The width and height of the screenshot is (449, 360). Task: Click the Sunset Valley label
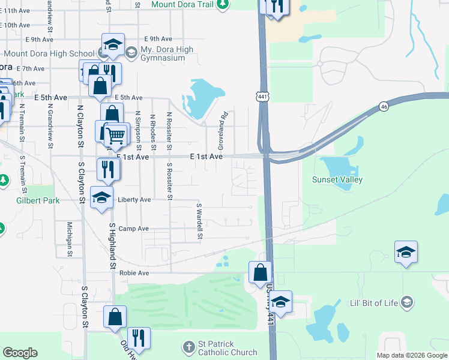tap(337, 179)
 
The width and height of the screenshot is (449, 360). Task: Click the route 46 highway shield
tap(384, 106)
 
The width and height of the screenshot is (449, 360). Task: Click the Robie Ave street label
tap(134, 272)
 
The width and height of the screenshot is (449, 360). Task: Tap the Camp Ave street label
tap(133, 229)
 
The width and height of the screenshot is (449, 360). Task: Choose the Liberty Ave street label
tap(134, 199)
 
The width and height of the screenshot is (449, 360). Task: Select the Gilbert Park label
tap(38, 200)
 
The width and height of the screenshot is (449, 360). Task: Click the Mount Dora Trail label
tap(182, 4)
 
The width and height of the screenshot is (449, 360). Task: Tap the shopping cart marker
tap(116, 134)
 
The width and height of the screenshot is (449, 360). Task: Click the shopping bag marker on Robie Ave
tap(259, 273)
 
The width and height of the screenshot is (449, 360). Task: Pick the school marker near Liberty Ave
tap(102, 197)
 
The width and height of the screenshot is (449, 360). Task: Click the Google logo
tap(20, 353)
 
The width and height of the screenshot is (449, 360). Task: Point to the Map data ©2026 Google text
tap(411, 355)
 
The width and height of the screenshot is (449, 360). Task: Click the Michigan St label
tap(70, 239)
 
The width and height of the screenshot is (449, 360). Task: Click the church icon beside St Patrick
tap(189, 347)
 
